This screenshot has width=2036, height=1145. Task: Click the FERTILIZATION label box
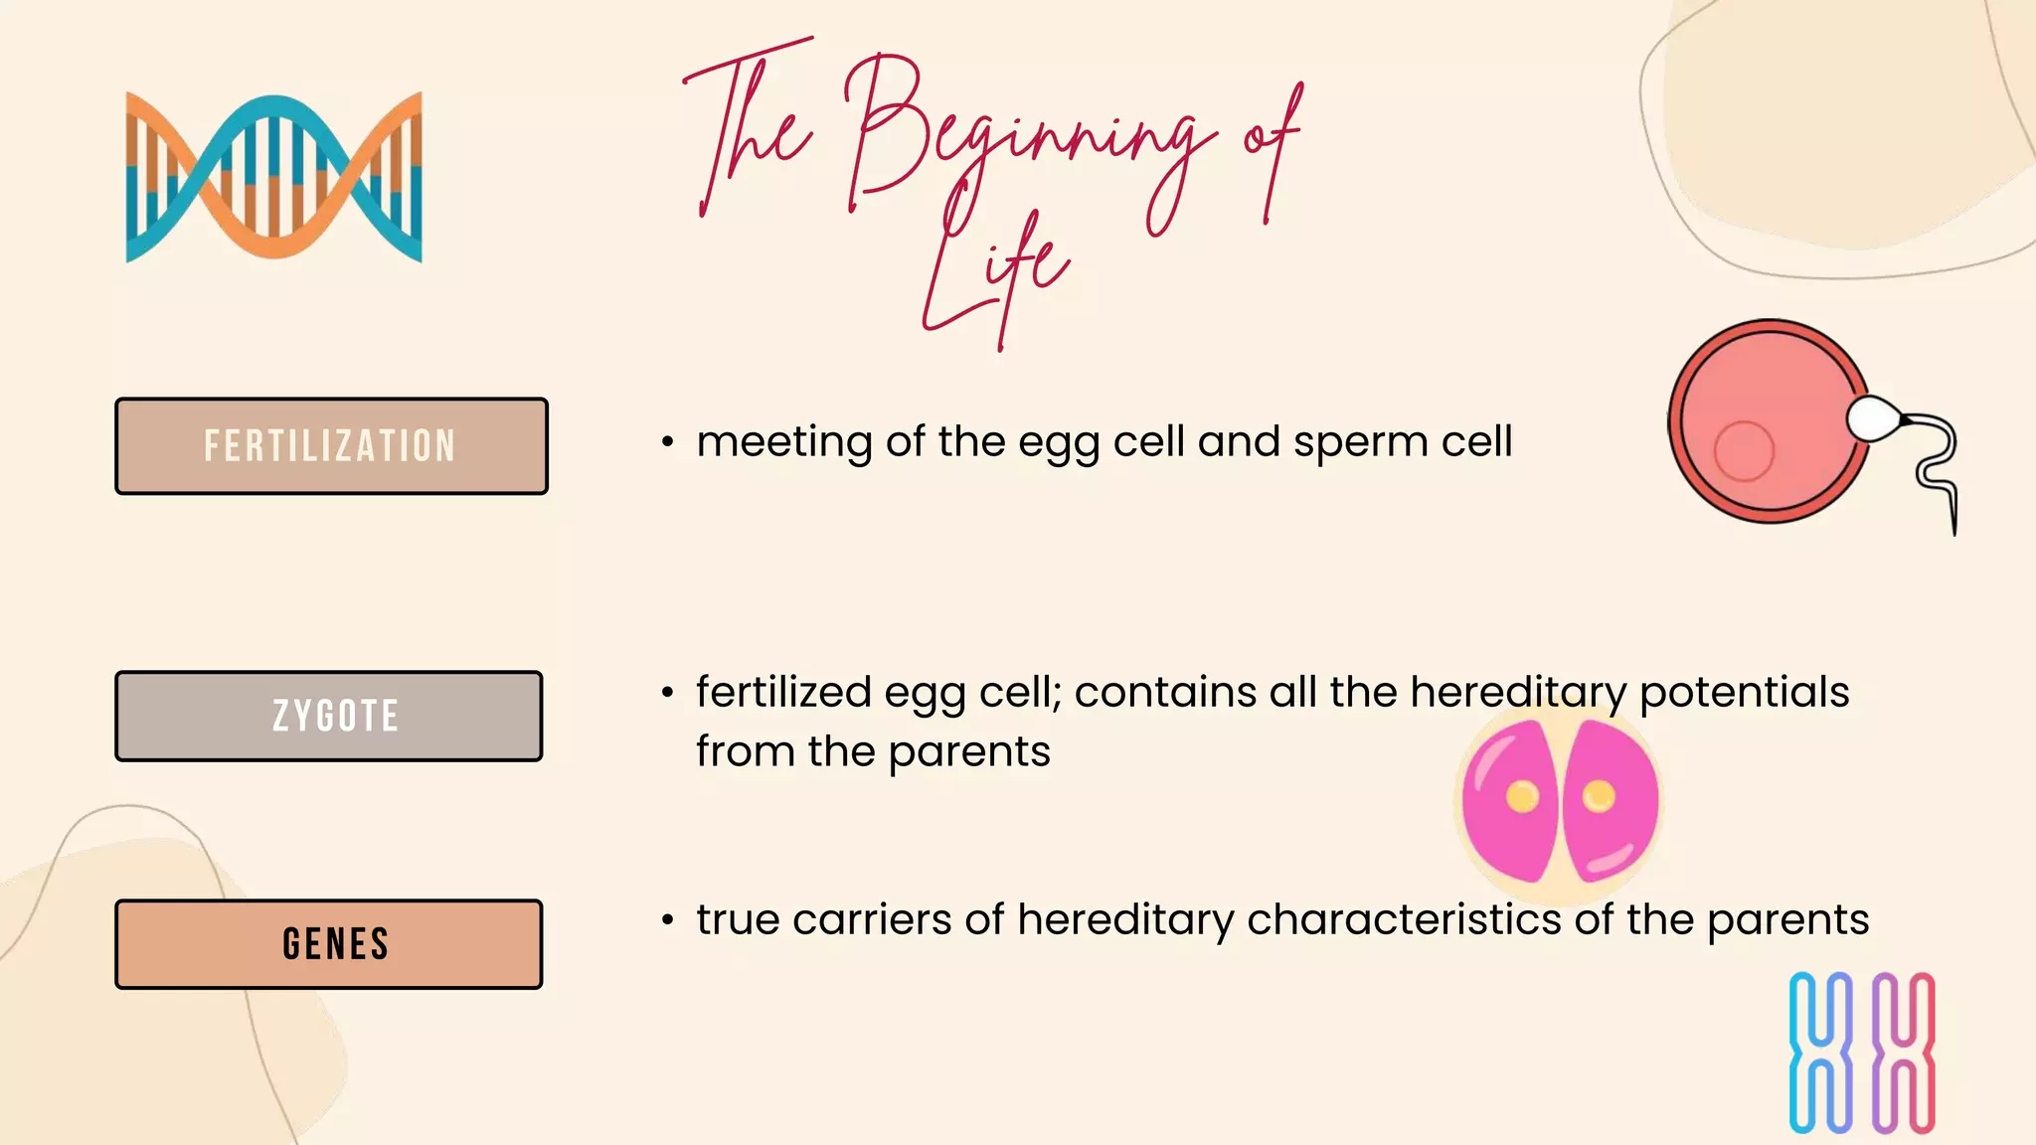coord(331,446)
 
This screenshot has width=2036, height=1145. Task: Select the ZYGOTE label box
coord(329,717)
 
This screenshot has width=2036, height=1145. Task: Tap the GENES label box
coord(329,944)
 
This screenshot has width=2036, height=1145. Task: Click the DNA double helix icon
coord(274,177)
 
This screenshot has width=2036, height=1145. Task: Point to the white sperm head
coord(1873,418)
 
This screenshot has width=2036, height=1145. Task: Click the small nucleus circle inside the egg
coord(1744,450)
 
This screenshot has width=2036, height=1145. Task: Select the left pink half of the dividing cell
coord(1510,800)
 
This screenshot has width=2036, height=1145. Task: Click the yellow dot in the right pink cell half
coord(1599,796)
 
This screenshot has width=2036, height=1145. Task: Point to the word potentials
coord(1744,693)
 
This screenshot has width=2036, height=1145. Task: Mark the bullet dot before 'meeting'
coord(668,442)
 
